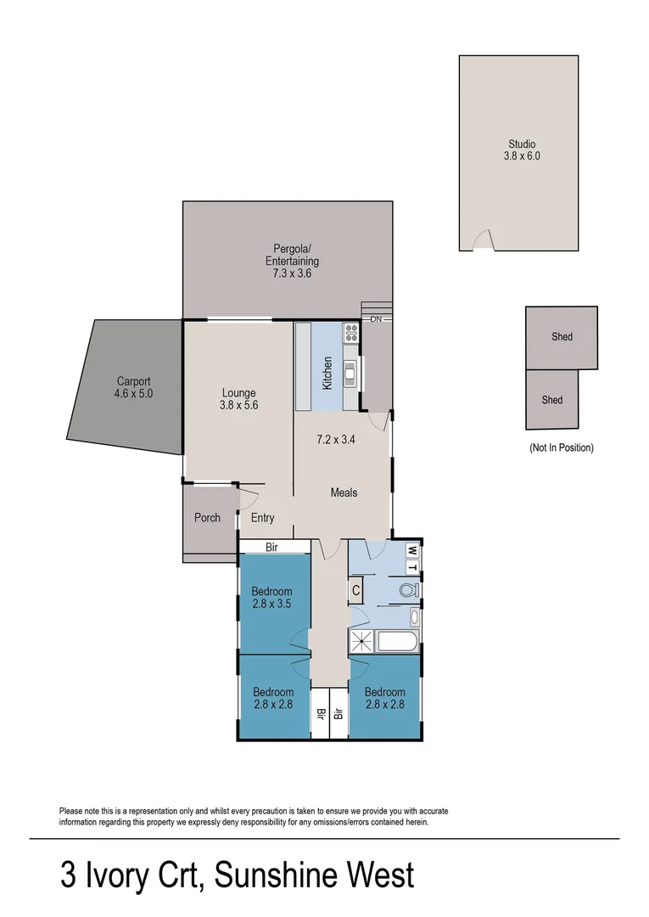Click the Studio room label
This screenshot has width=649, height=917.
pyautogui.click(x=522, y=143)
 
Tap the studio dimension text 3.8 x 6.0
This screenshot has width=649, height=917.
pyautogui.click(x=522, y=156)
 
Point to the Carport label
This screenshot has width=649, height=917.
pyautogui.click(x=133, y=382)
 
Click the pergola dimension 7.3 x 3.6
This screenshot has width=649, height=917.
pyautogui.click(x=290, y=274)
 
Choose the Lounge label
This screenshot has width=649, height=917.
pyautogui.click(x=238, y=392)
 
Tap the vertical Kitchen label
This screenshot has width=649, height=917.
pyautogui.click(x=327, y=374)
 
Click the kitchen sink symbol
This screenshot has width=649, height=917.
pyautogui.click(x=349, y=371)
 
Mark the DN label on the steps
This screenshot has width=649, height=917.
pyautogui.click(x=376, y=319)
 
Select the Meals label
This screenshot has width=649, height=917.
pyautogui.click(x=344, y=492)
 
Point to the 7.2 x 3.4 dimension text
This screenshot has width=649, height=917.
pyautogui.click(x=335, y=440)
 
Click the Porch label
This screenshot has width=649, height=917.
pyautogui.click(x=207, y=518)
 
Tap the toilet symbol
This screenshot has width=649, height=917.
pyautogui.click(x=408, y=589)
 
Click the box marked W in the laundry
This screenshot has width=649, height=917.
pyautogui.click(x=413, y=549)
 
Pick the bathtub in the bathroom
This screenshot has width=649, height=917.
pyautogui.click(x=396, y=642)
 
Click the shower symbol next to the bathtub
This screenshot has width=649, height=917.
pyautogui.click(x=361, y=642)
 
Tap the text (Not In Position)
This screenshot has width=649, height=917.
pyautogui.click(x=561, y=447)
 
